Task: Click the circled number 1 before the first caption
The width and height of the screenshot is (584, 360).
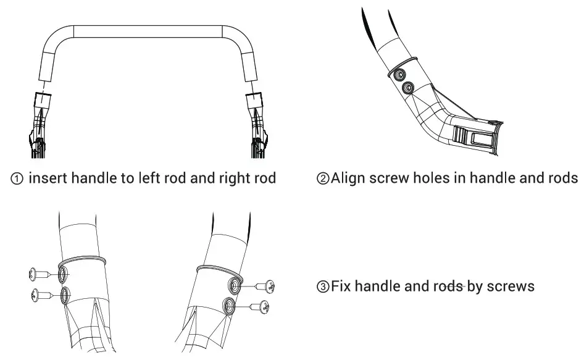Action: tap(17, 179)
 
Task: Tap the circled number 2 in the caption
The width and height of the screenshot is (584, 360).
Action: tap(323, 178)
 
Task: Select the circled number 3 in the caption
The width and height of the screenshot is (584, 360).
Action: tap(323, 287)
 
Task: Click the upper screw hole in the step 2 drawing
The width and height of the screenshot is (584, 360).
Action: tap(399, 75)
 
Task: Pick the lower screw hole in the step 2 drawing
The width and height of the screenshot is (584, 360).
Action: tap(408, 88)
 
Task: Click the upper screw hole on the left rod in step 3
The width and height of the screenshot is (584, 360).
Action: tap(62, 275)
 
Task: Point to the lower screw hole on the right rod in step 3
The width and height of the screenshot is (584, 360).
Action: tap(228, 306)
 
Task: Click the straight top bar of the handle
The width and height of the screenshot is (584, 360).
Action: tap(148, 31)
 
